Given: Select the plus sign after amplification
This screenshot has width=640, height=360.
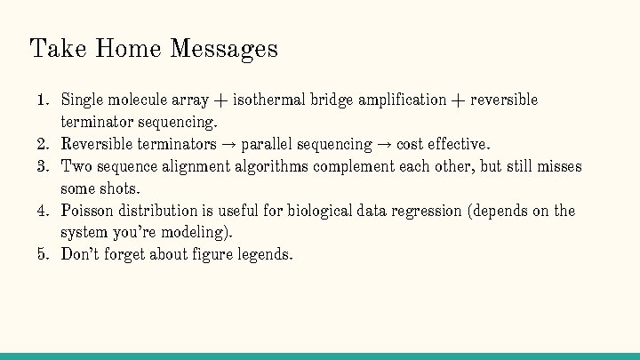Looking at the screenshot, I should click(458, 100).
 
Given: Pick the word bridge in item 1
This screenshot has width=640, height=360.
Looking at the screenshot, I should click(332, 100).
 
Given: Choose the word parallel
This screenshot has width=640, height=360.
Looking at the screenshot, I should click(267, 144).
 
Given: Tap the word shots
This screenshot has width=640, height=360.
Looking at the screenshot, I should click(123, 188).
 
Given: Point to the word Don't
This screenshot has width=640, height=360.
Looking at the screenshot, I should click(80, 255).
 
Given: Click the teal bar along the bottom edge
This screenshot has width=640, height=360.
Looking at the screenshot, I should click(320, 356).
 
